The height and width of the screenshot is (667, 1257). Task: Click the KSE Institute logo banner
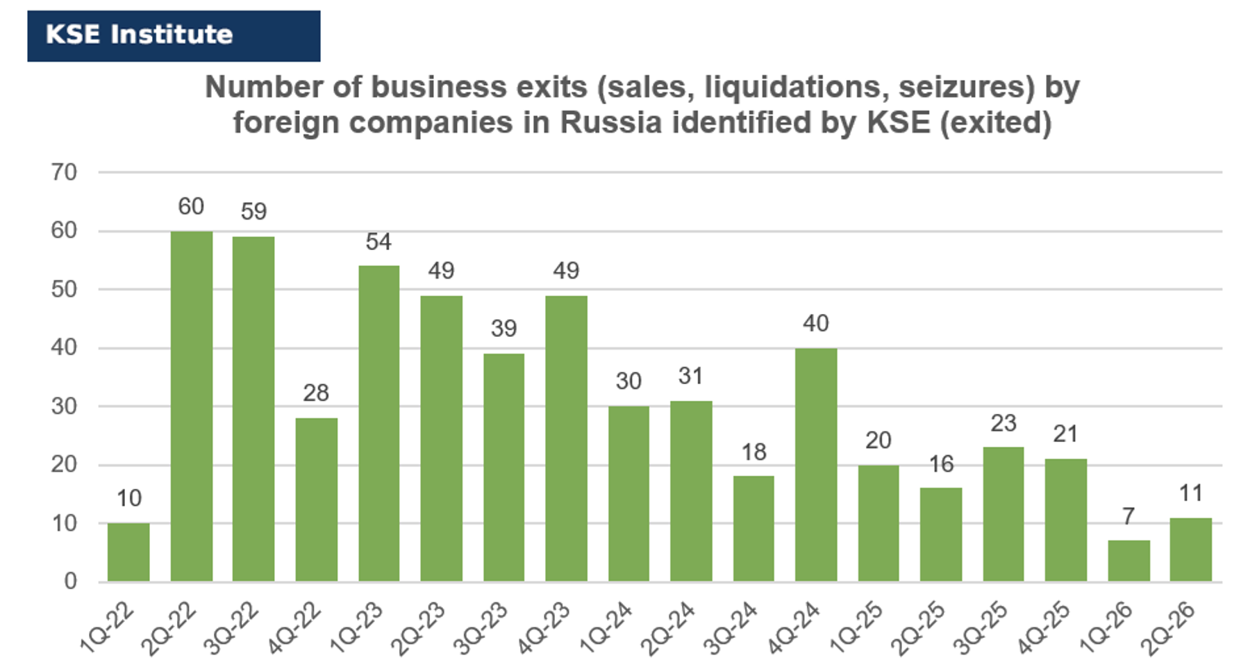[174, 35]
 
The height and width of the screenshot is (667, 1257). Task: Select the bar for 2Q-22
[191, 406]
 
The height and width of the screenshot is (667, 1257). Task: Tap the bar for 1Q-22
[128, 552]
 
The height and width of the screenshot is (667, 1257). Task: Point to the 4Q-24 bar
[816, 465]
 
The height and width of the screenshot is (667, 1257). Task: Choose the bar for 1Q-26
[1129, 561]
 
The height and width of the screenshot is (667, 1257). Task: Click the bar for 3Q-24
[754, 529]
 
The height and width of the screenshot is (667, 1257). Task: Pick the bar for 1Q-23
[378, 423]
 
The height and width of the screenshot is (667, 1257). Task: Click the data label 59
[253, 211]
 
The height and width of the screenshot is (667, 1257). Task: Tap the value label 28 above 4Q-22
[316, 393]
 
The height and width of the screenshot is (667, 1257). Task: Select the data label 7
[1129, 516]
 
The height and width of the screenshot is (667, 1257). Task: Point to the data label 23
[1004, 422]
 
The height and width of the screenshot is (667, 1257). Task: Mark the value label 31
[691, 376]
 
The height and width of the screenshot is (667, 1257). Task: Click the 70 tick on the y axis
[64, 172]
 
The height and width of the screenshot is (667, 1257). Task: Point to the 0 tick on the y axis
[71, 581]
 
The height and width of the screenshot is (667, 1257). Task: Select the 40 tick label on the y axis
[64, 347]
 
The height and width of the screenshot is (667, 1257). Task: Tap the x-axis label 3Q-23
[481, 629]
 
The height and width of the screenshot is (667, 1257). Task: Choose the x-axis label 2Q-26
[1169, 629]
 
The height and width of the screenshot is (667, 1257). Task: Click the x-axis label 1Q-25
[856, 629]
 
